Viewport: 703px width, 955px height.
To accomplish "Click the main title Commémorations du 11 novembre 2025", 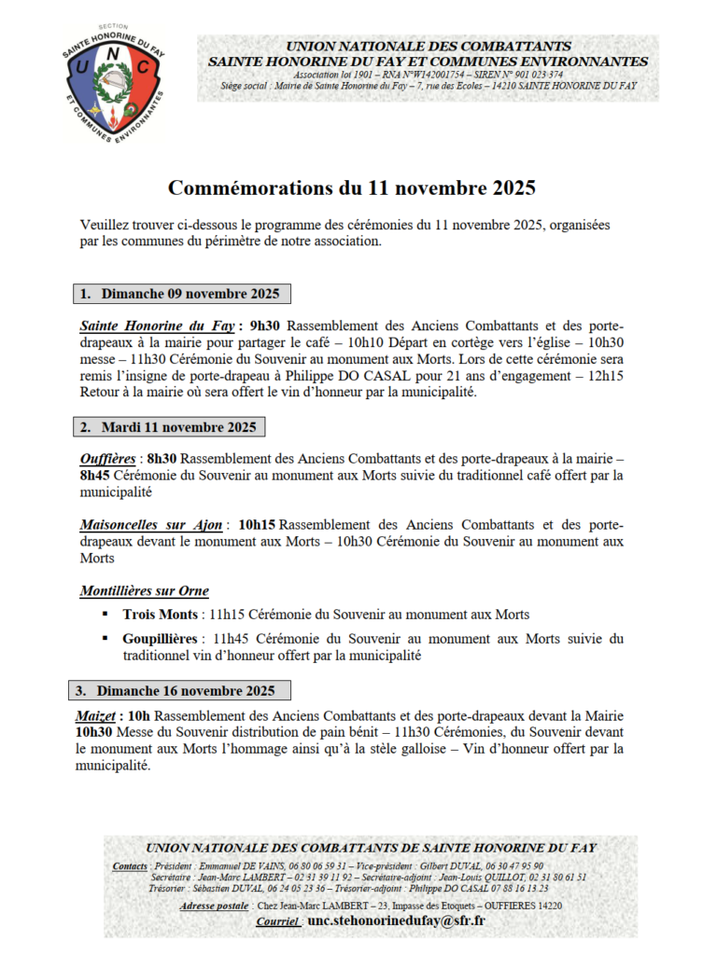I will click(351, 187).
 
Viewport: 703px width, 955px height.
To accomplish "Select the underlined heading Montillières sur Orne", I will click(145, 591).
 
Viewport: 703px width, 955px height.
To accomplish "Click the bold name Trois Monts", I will click(160, 615).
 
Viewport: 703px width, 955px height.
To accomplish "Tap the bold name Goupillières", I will click(160, 639).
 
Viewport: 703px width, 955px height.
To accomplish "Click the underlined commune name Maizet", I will click(96, 716).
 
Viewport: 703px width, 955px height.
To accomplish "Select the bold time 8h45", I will click(96, 475).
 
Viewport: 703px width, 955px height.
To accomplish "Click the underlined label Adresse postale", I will click(214, 905).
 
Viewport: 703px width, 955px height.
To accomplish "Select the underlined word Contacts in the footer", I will click(130, 866).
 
